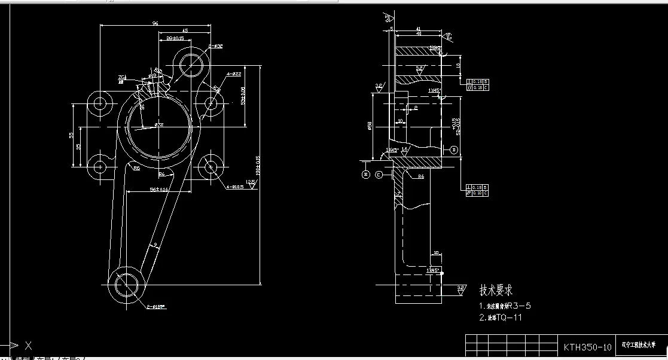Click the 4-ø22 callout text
(233, 74)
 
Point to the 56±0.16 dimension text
(159, 189)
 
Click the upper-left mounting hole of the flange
(100, 103)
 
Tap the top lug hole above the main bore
(191, 62)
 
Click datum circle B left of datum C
(366, 175)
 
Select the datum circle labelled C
(379, 175)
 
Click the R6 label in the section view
(421, 177)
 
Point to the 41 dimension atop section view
(418, 28)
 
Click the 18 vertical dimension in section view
(458, 65)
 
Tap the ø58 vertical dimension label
(371, 127)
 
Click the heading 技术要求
(496, 291)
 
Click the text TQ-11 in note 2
(509, 318)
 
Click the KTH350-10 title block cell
(588, 347)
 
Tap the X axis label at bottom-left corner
(28, 345)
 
